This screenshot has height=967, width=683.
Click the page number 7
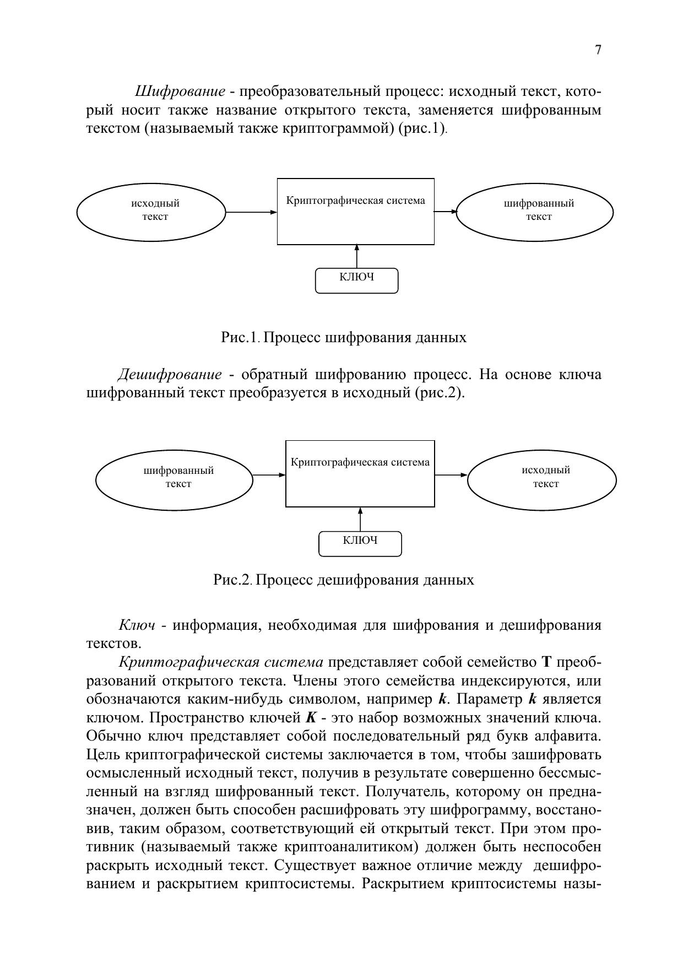point(598,50)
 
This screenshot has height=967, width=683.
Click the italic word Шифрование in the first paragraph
point(180,91)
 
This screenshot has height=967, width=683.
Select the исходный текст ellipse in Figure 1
point(151,211)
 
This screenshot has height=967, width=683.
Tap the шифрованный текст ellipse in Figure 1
point(535,210)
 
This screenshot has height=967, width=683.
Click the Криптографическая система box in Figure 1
point(355,212)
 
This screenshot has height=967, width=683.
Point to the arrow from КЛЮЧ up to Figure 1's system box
point(357,256)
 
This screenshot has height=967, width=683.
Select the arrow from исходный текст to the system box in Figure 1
point(251,212)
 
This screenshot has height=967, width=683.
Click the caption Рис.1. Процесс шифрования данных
point(344,337)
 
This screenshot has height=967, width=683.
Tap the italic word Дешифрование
point(170,375)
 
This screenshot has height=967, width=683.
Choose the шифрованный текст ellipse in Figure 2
point(175,478)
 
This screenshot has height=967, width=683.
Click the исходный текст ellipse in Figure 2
point(542,477)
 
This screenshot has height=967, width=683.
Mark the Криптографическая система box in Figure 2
point(360,474)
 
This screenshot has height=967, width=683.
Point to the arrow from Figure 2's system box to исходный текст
point(451,475)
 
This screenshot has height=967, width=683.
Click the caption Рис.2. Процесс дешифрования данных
point(344,580)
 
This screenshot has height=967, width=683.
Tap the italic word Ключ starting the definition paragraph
point(137,625)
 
